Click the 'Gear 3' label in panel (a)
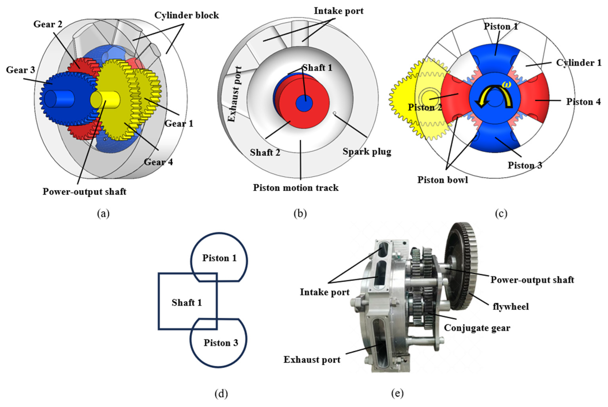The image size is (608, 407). pos(20,70)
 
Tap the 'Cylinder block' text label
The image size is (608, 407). pos(186,15)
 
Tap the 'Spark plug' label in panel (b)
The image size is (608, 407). pos(367,151)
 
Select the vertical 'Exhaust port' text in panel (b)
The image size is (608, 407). pos(235,94)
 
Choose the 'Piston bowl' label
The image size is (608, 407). pos(442,180)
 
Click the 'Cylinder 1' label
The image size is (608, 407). pos(578,63)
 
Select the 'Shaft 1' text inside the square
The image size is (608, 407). pos(187,303)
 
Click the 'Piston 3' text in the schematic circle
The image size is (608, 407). pos(221,343)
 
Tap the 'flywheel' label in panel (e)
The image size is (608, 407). pos(510,307)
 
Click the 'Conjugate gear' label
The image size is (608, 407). pos(477,328)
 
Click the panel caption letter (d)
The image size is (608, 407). pos(221,394)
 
